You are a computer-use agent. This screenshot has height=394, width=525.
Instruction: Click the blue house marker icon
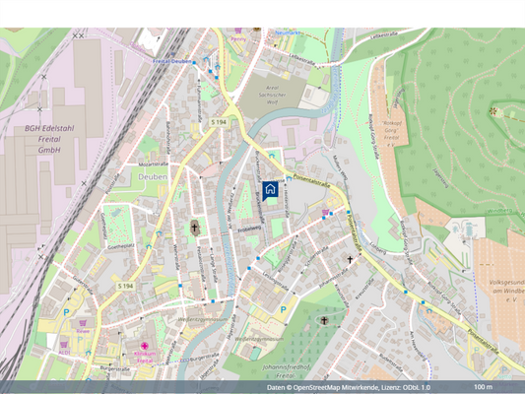(270, 190)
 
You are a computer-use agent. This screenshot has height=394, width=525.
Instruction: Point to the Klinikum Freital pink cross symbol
(145, 347)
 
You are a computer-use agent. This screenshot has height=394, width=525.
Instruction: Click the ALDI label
(64, 351)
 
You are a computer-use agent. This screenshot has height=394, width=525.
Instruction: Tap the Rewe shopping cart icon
(85, 321)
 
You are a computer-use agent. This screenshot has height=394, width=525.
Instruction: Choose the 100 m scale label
(483, 387)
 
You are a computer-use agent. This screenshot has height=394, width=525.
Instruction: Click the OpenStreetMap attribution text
(348, 387)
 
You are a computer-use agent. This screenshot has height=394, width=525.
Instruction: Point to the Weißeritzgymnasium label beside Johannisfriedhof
(257, 338)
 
